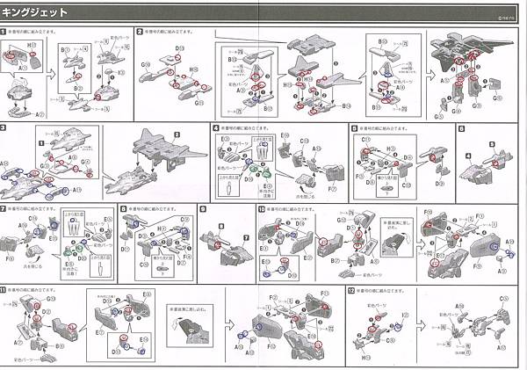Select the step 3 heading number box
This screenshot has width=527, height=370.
pos(4,128)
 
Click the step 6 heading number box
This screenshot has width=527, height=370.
pos(461,128)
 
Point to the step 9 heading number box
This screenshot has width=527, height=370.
pos(202,209)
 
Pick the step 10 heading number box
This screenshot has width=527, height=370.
pos(262,209)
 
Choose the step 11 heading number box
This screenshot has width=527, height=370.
pos(4,289)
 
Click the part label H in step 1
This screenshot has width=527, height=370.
pos(30,43)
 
